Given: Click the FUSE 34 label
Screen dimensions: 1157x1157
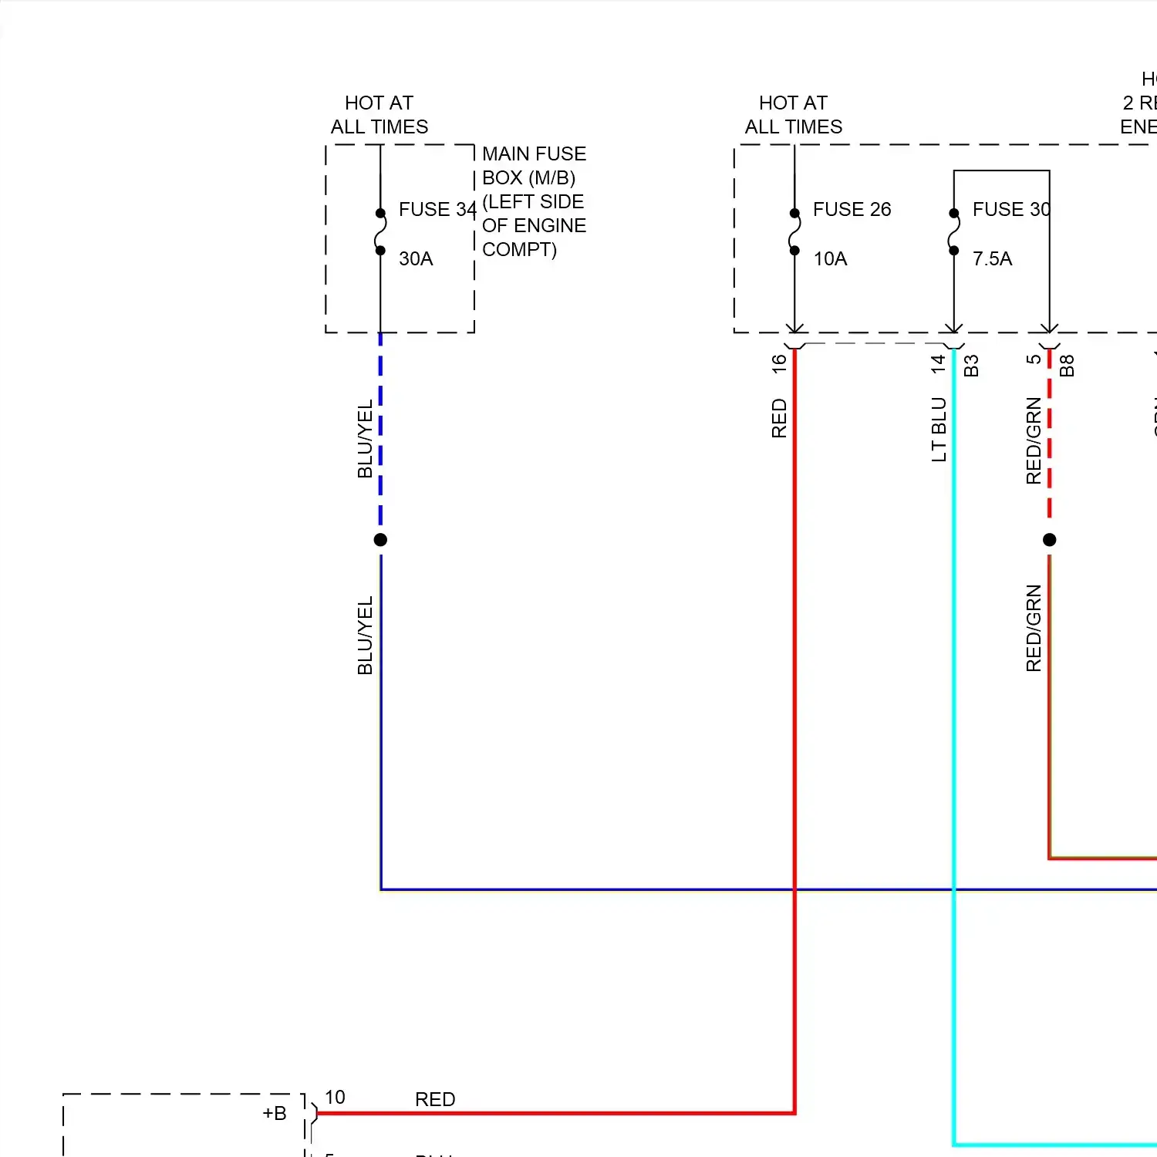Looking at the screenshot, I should pyautogui.click(x=437, y=209).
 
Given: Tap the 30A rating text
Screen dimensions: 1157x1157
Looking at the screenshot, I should pyautogui.click(x=416, y=258).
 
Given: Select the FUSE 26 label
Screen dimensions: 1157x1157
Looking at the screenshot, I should pyautogui.click(x=852, y=209).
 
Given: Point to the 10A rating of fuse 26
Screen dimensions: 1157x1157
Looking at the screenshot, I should pyautogui.click(x=830, y=258).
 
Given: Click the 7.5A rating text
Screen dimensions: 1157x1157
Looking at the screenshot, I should pyautogui.click(x=992, y=258).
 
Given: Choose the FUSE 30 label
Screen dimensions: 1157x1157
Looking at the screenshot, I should pyautogui.click(x=1010, y=209).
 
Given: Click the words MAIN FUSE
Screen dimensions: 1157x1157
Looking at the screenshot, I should pyautogui.click(x=534, y=153).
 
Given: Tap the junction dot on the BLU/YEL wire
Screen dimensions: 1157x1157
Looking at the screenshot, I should pyautogui.click(x=380, y=540).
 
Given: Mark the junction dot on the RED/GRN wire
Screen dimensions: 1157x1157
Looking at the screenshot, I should pyautogui.click(x=1049, y=540).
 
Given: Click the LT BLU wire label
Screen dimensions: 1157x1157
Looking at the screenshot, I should pyautogui.click(x=939, y=430).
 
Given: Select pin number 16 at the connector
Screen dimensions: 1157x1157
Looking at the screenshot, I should pyautogui.click(x=779, y=363).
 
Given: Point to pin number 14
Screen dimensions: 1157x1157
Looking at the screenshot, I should pyautogui.click(x=938, y=363).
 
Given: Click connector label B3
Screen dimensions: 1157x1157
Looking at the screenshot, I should pyautogui.click(x=971, y=365).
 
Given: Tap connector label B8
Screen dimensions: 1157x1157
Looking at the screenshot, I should pyautogui.click(x=1067, y=365).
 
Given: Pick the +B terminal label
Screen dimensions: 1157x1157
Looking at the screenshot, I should pyautogui.click(x=275, y=1113).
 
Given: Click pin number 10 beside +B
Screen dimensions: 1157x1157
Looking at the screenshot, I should pyautogui.click(x=335, y=1097).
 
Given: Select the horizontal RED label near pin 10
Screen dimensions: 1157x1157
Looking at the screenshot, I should pyautogui.click(x=435, y=1099).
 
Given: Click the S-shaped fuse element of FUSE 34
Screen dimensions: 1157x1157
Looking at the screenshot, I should pyautogui.click(x=380, y=231).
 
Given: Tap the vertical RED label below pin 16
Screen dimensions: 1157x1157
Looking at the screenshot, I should pyautogui.click(x=779, y=418).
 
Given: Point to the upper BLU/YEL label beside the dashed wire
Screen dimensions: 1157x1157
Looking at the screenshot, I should pyautogui.click(x=365, y=438).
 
